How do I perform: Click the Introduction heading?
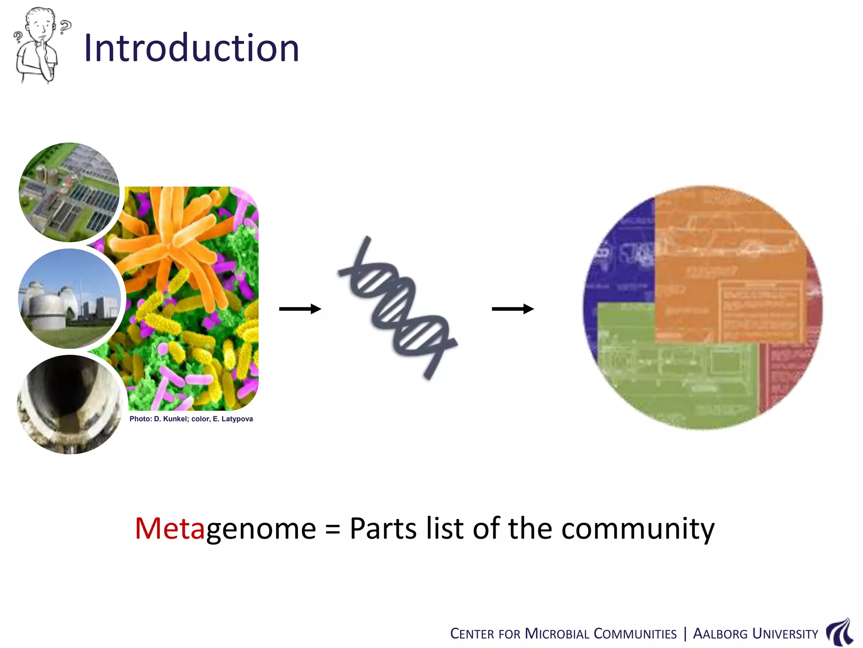192,48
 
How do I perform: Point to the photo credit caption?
191,419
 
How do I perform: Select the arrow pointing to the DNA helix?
300,309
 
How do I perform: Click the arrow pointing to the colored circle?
513,309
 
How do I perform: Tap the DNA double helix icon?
398,308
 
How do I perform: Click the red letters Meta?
170,528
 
